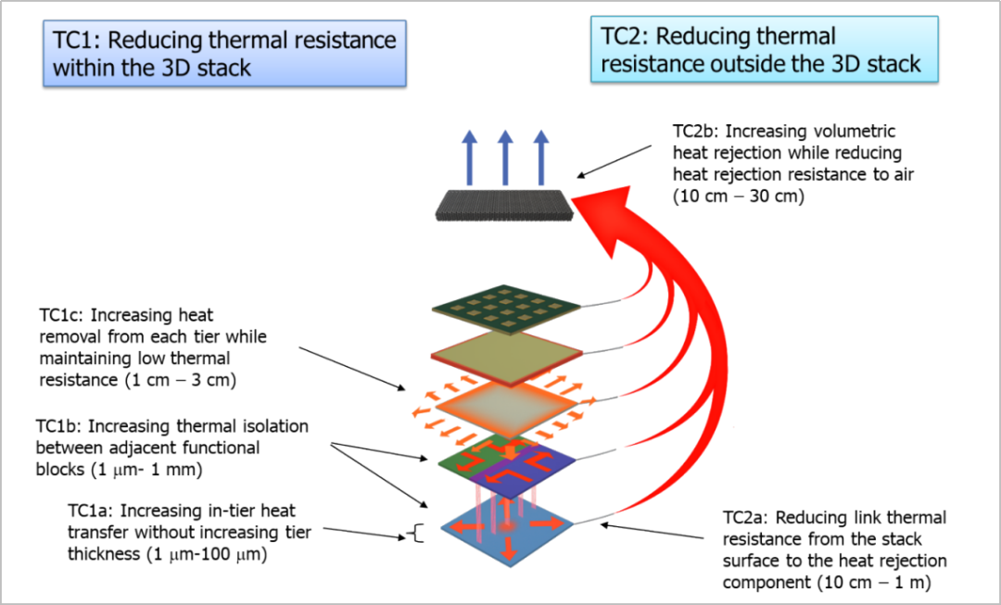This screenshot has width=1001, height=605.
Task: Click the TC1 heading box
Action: point(224,54)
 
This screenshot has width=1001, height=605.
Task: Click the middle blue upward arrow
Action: point(505,157)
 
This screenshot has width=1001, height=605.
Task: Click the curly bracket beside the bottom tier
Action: point(416,533)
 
